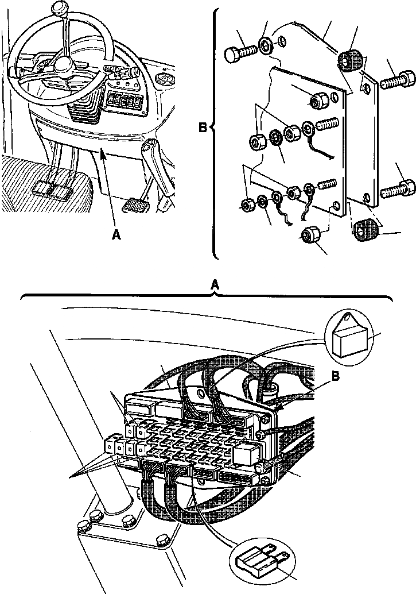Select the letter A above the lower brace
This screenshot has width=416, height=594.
pos(215,284)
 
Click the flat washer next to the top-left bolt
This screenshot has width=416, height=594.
pos(266,45)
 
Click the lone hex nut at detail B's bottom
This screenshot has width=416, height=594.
pos(311,235)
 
